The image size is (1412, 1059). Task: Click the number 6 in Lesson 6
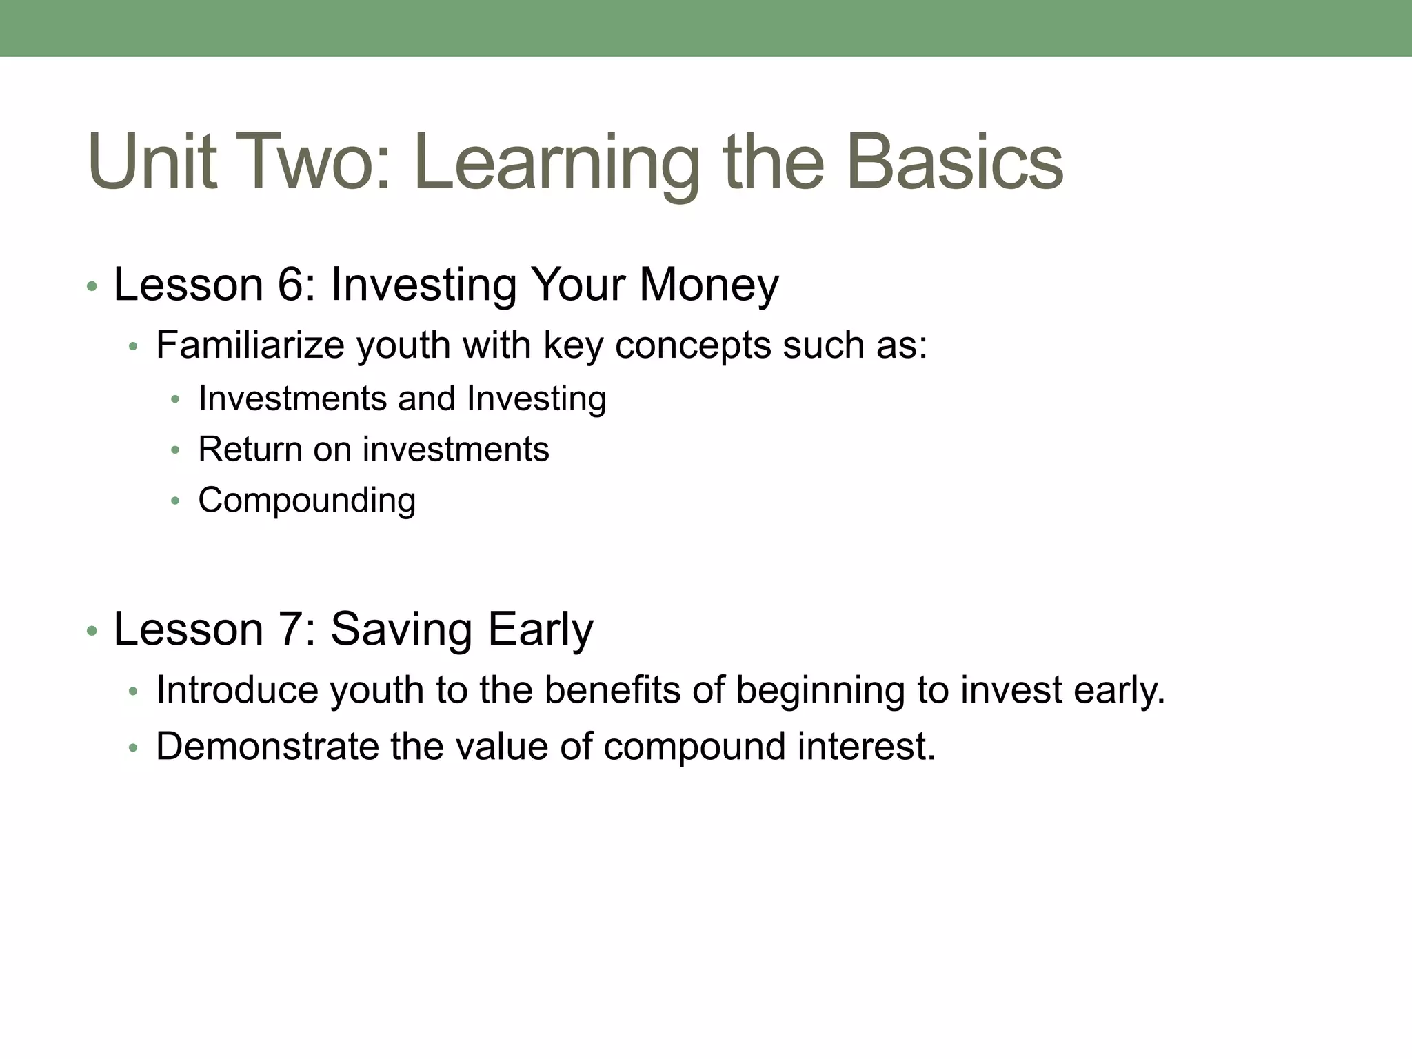[x=290, y=284]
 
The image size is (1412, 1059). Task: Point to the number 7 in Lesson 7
[x=290, y=629]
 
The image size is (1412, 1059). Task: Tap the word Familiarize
[x=250, y=345]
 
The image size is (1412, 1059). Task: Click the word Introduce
[x=237, y=689]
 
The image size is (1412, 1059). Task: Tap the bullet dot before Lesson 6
[x=92, y=286]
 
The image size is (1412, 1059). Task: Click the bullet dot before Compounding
[x=175, y=501]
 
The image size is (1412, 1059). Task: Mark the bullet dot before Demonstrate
[x=133, y=747]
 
